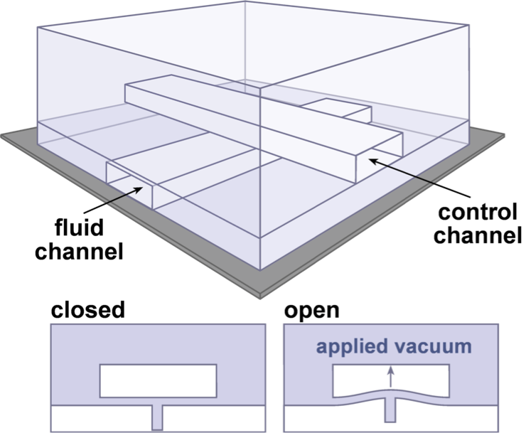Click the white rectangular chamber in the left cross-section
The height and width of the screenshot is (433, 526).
point(158,380)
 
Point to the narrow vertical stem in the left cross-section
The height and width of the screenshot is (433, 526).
point(158,417)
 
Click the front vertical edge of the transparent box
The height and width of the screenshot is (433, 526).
point(261,178)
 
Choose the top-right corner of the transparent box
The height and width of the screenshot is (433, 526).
point(468,26)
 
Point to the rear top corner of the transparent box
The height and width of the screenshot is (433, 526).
point(246,3)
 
